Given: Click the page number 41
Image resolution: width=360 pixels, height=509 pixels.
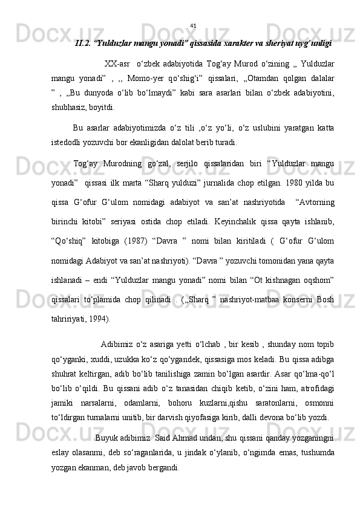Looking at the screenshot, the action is (x=193, y=26).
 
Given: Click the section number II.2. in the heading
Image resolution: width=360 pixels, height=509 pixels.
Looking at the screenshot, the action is (x=83, y=44).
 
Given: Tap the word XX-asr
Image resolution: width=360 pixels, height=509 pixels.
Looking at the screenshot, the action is (x=117, y=65).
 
